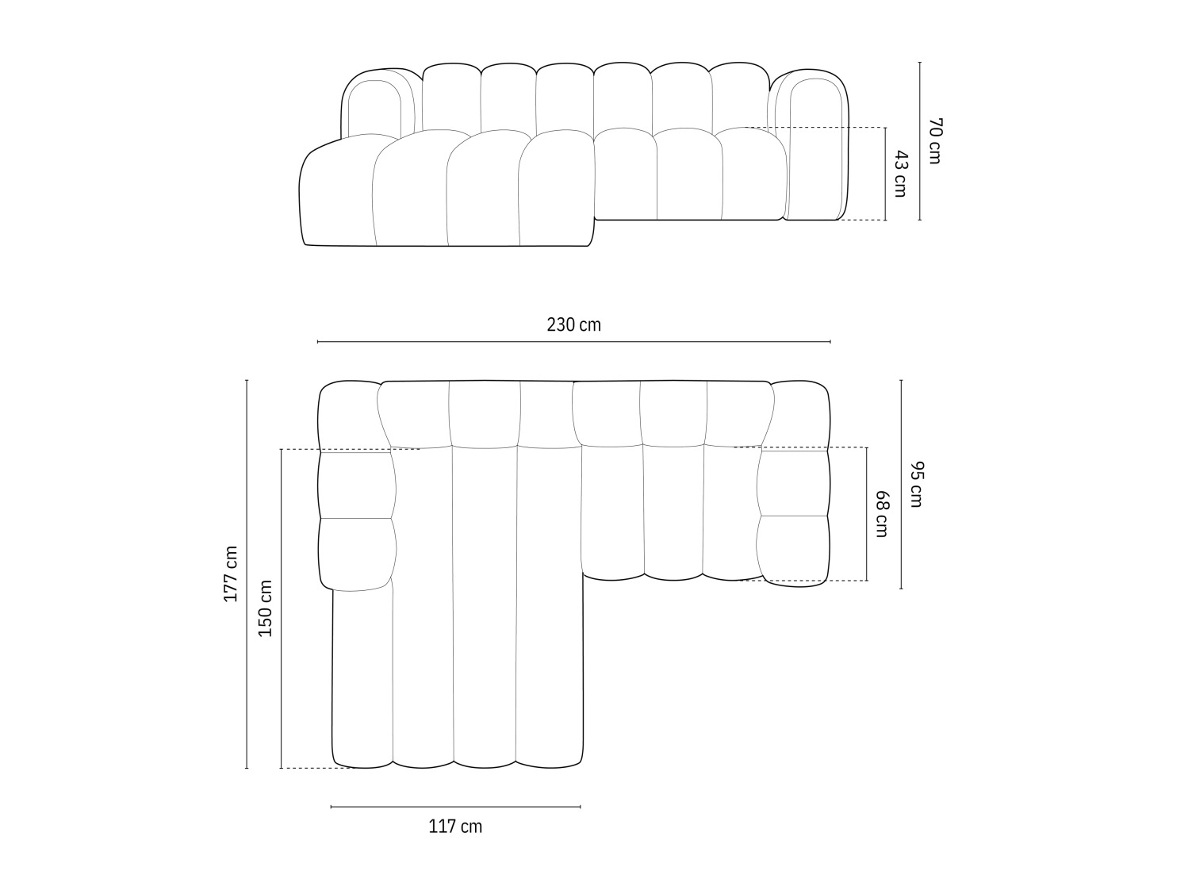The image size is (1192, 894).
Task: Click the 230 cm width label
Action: tap(573, 324)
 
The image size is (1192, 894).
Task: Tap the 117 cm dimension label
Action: tap(455, 827)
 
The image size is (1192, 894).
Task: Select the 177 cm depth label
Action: tap(230, 574)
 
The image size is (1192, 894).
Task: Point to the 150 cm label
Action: tap(265, 609)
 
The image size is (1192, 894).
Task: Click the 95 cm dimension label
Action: tap(916, 484)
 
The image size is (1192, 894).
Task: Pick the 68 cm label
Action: tap(881, 514)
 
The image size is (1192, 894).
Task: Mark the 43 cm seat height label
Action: tap(899, 174)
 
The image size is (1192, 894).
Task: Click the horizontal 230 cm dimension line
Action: tap(573, 342)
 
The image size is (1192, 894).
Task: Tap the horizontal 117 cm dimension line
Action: tap(455, 807)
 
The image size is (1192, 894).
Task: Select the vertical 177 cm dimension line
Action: tap(247, 574)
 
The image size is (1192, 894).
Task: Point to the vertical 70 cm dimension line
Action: tap(919, 140)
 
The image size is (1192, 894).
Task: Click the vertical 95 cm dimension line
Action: tap(901, 484)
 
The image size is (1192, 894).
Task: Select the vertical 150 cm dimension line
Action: tap(282, 609)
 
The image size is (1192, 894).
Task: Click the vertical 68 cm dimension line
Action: tap(866, 514)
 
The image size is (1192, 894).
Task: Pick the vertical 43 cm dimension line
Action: tap(885, 174)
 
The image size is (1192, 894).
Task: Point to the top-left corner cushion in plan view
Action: tap(347, 416)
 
